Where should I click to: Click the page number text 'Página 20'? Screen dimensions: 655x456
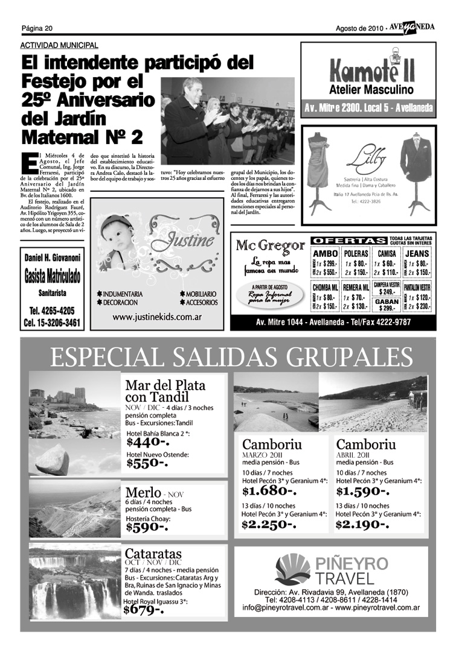37,28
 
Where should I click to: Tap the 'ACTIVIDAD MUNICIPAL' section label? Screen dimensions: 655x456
59,45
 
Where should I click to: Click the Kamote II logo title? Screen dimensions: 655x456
371,72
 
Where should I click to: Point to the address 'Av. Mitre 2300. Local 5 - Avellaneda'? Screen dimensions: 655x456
368,109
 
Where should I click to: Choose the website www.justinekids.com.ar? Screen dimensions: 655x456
157,317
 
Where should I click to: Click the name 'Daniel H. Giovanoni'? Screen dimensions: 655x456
52,258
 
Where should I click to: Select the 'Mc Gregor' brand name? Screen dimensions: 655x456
270,245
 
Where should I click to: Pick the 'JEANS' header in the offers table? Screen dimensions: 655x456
417,254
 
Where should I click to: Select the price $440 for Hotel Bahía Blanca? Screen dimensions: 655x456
147,443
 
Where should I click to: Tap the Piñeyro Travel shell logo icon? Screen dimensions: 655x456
292,570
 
